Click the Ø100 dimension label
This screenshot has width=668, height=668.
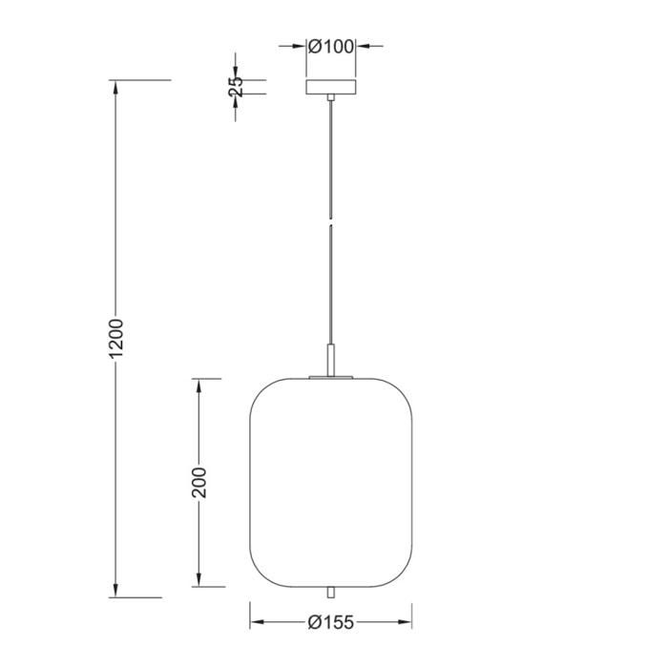click(331, 45)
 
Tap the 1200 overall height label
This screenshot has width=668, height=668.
click(116, 339)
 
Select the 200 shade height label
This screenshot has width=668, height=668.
click(198, 483)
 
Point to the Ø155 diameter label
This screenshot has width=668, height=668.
click(331, 622)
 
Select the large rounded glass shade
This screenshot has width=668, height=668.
click(331, 482)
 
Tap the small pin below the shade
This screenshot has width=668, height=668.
click(331, 593)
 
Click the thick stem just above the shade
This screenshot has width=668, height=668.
click(331, 361)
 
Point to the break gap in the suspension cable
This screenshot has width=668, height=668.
click(331, 221)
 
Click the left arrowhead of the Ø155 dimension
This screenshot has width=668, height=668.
click(257, 622)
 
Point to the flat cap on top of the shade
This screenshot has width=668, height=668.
click(331, 378)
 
